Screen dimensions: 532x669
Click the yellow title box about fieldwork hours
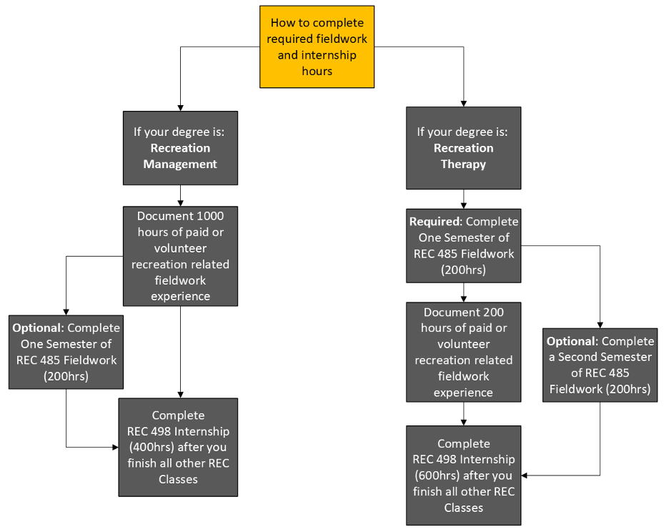pyautogui.click(x=317, y=46)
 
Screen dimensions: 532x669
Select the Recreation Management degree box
pyautogui.click(x=180, y=148)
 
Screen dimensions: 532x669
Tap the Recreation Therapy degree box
pyautogui.click(x=463, y=148)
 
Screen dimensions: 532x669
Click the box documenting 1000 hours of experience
pyautogui.click(x=180, y=256)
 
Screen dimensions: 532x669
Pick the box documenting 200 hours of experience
pyautogui.click(x=463, y=352)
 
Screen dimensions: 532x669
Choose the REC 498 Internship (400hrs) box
pyautogui.click(x=178, y=447)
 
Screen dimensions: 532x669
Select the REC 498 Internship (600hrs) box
pyautogui.click(x=463, y=476)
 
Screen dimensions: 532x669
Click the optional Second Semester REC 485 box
pyautogui.click(x=600, y=365)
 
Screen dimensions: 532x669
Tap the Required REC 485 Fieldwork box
pyautogui.click(x=463, y=246)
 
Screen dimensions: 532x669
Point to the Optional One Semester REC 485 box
pyautogui.click(x=66, y=352)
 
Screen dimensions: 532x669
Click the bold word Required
pyautogui.click(x=435, y=222)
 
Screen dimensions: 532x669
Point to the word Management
pyautogui.click(x=180, y=164)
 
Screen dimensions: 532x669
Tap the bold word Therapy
pyautogui.click(x=463, y=164)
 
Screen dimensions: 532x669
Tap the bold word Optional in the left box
pyautogui.click(x=38, y=327)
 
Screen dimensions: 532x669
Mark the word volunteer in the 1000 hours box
pyautogui.click(x=180, y=248)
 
